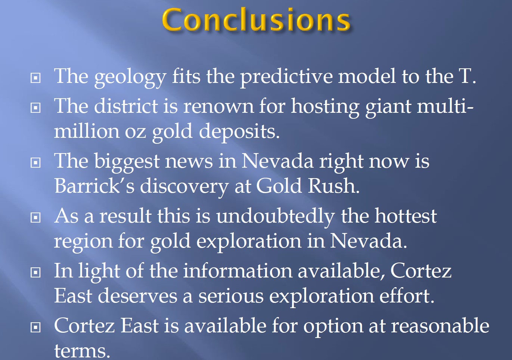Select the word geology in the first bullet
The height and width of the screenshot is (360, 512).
pyautogui.click(x=130, y=78)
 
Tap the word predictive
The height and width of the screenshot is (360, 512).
pyautogui.click(x=286, y=77)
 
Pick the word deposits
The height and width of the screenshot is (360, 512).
pyautogui.click(x=239, y=132)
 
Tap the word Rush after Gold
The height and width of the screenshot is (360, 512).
pyautogui.click(x=334, y=186)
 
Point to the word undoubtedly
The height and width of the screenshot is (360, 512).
pyautogui.click(x=276, y=217)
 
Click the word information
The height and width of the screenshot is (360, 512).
pyautogui.click(x=238, y=271)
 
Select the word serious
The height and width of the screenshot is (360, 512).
pyautogui.click(x=231, y=297)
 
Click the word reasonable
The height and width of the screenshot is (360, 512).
pyautogui.click(x=440, y=326)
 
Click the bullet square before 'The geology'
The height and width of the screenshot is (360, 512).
pyautogui.click(x=35, y=78)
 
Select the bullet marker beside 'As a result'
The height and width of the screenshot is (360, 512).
pyautogui.click(x=35, y=217)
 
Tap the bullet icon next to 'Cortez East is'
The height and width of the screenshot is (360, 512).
pyautogui.click(x=35, y=327)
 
